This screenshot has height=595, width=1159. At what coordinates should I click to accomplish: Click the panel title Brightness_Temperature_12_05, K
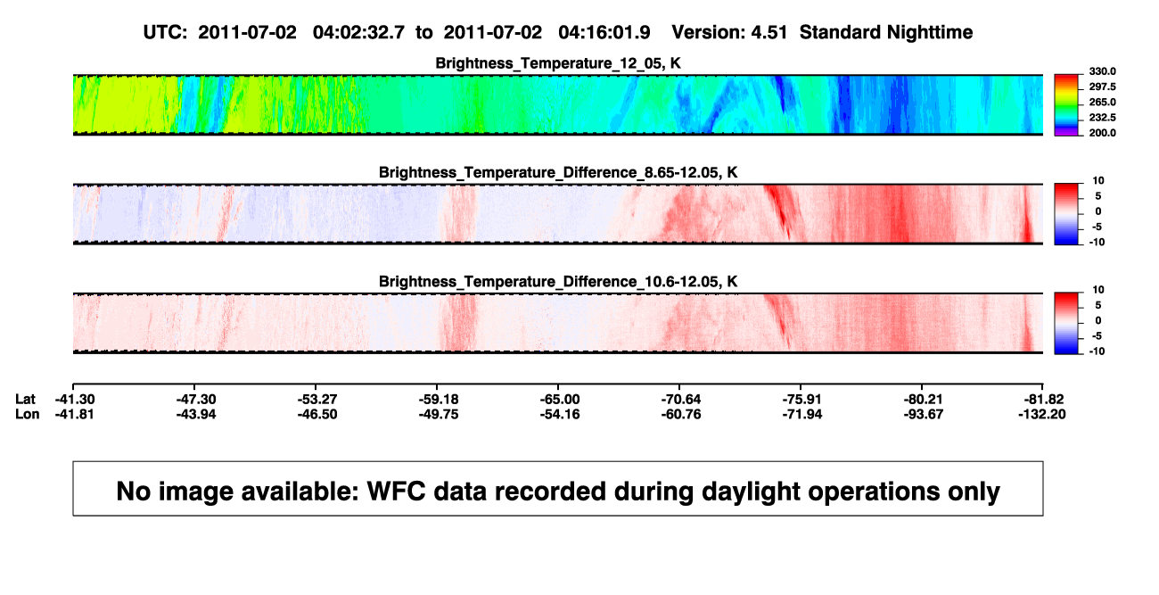558,63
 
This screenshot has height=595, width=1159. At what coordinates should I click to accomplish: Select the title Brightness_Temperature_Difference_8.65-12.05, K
558,172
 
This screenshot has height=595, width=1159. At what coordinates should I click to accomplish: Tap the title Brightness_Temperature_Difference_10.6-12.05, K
558,282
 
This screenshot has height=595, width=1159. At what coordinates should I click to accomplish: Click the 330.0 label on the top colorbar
1102,71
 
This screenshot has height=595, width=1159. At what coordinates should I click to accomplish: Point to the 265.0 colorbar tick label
1102,102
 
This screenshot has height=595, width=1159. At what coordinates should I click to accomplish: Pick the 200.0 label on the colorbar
1102,133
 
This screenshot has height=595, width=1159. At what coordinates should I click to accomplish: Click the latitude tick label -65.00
560,400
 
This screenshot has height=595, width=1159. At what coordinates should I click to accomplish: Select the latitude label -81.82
1044,400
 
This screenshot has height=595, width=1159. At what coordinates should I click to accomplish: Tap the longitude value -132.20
1042,414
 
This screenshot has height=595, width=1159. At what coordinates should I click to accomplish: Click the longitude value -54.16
560,414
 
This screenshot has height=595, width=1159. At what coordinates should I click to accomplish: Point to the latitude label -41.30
75,400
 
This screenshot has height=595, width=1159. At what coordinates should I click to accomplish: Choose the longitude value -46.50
317,414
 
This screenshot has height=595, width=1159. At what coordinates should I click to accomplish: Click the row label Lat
25,400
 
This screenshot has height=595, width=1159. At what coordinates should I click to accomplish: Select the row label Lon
28,414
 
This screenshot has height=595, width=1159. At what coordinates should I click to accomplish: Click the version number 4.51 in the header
769,33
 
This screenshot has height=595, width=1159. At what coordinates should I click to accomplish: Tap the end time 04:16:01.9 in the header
604,33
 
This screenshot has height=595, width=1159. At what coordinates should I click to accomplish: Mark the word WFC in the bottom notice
397,492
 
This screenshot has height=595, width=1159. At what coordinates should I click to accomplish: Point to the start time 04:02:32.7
358,33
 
